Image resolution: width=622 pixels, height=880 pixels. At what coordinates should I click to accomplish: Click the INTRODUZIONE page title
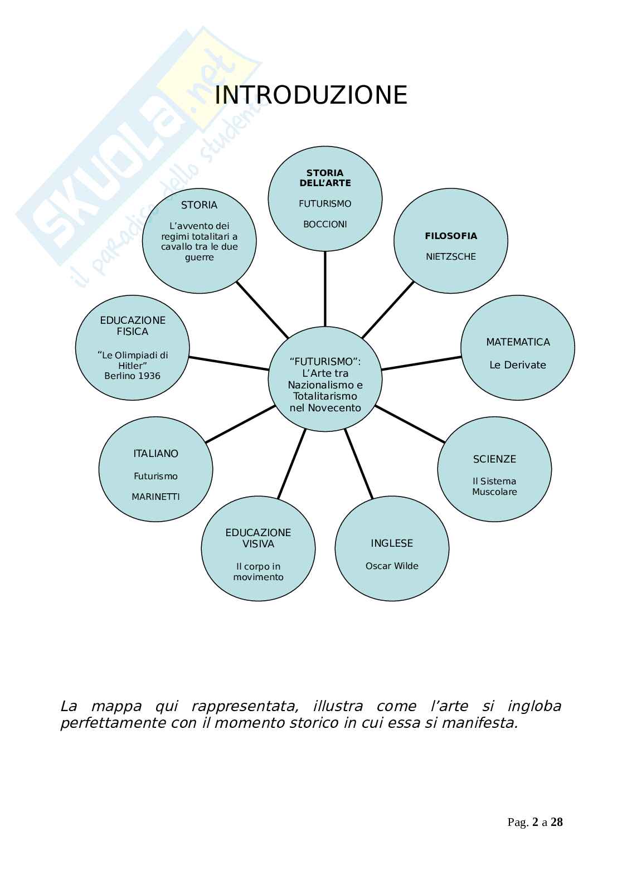pos(310,95)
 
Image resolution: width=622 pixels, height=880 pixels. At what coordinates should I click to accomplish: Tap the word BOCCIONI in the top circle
pos(325,225)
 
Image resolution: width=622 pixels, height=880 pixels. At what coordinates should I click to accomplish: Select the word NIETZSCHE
pos(451,257)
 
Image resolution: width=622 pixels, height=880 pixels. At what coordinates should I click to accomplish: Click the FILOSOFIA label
pos(451,236)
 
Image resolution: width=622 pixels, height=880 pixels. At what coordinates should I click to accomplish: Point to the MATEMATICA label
pos(518,342)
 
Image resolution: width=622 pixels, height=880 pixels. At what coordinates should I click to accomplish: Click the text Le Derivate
pos(518,365)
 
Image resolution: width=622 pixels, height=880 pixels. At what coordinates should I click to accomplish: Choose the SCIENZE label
pos(494,459)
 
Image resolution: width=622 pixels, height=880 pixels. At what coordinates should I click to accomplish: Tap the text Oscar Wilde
pos(392,566)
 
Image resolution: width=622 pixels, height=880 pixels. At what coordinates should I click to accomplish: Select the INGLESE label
pos(392,543)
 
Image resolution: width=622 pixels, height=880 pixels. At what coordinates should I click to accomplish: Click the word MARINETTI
pos(155,497)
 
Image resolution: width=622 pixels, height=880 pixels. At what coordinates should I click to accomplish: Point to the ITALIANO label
pos(155,454)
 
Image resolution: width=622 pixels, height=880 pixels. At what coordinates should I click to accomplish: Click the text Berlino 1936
pos(133,376)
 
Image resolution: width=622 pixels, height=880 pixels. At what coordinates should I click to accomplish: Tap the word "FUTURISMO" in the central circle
pos(325,362)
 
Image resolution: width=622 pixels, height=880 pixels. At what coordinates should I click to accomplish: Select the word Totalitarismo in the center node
pos(325,396)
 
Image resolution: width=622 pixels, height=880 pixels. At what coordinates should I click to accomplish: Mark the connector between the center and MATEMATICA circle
pos(421,363)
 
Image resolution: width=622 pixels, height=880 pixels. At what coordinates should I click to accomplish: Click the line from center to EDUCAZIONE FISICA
pos(229,363)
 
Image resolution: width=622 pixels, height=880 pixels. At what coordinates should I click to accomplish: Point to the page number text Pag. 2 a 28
pos(535,822)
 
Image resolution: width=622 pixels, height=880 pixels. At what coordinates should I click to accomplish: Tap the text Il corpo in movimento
pos(258,572)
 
